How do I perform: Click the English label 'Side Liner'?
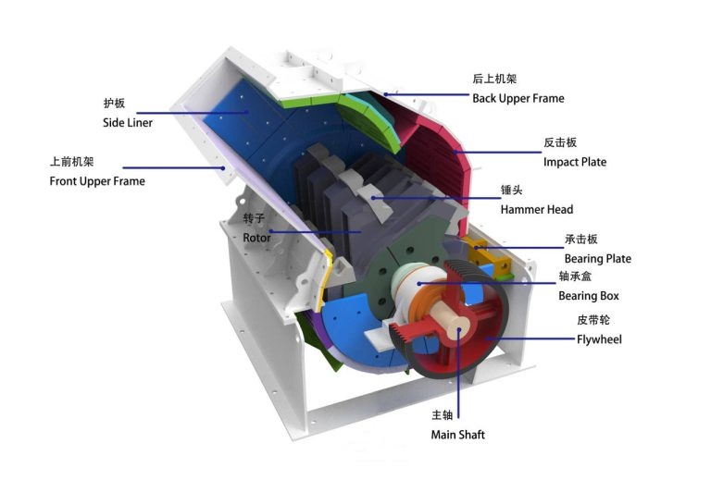[127, 123]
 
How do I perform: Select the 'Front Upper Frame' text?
[97, 181]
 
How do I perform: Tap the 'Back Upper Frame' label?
[518, 98]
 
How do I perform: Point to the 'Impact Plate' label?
[575, 162]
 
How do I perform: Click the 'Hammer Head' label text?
[536, 210]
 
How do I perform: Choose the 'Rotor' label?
[256, 238]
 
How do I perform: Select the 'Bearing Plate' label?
[597, 259]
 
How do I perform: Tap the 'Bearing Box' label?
[588, 296]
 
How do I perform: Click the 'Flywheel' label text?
[599, 339]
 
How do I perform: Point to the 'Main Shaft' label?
[457, 435]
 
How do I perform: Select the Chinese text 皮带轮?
[592, 321]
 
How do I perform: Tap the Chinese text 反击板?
[560, 143]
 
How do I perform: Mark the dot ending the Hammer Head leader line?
[372, 195]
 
